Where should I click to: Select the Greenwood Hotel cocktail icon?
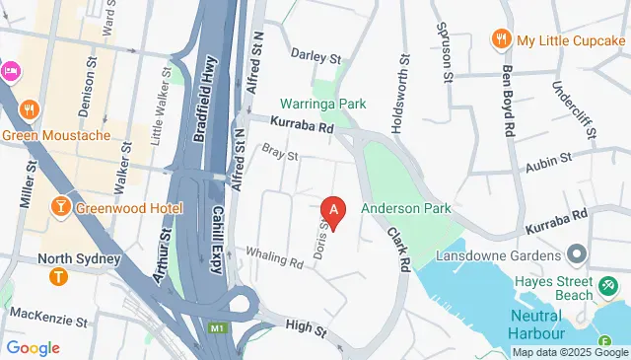point(61,208)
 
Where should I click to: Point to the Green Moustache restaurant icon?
point(30,110)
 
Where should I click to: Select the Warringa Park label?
point(322,104)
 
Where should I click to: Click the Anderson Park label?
point(405,209)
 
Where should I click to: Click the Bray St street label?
point(280,153)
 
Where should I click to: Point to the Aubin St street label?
point(553,159)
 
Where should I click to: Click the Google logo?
point(32,347)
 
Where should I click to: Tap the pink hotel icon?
point(9,70)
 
